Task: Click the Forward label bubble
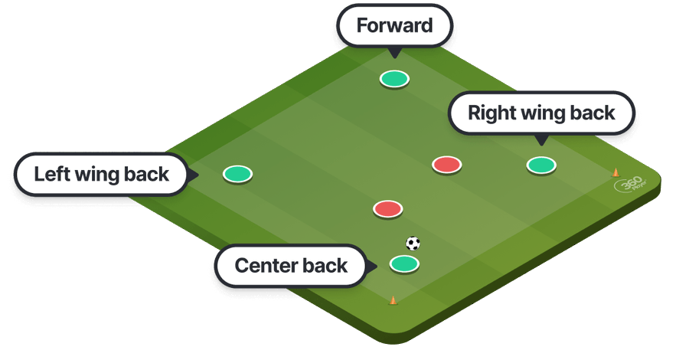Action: pos(395,26)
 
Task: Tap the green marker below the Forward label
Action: pos(394,78)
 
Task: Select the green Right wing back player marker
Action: pos(540,165)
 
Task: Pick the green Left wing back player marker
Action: pos(237,174)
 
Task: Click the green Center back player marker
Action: pos(404,264)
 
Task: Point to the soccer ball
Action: pos(413,243)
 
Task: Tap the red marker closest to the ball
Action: pos(387,208)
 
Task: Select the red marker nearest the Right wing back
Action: pos(446,164)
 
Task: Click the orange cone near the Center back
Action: pos(393,299)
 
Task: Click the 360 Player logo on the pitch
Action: pos(629,186)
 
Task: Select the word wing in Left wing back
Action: pos(103,175)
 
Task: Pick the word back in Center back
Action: pos(325,267)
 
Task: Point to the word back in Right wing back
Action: pos(591,114)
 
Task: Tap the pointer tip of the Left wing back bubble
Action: pos(198,175)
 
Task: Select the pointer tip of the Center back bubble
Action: pos(377,267)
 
